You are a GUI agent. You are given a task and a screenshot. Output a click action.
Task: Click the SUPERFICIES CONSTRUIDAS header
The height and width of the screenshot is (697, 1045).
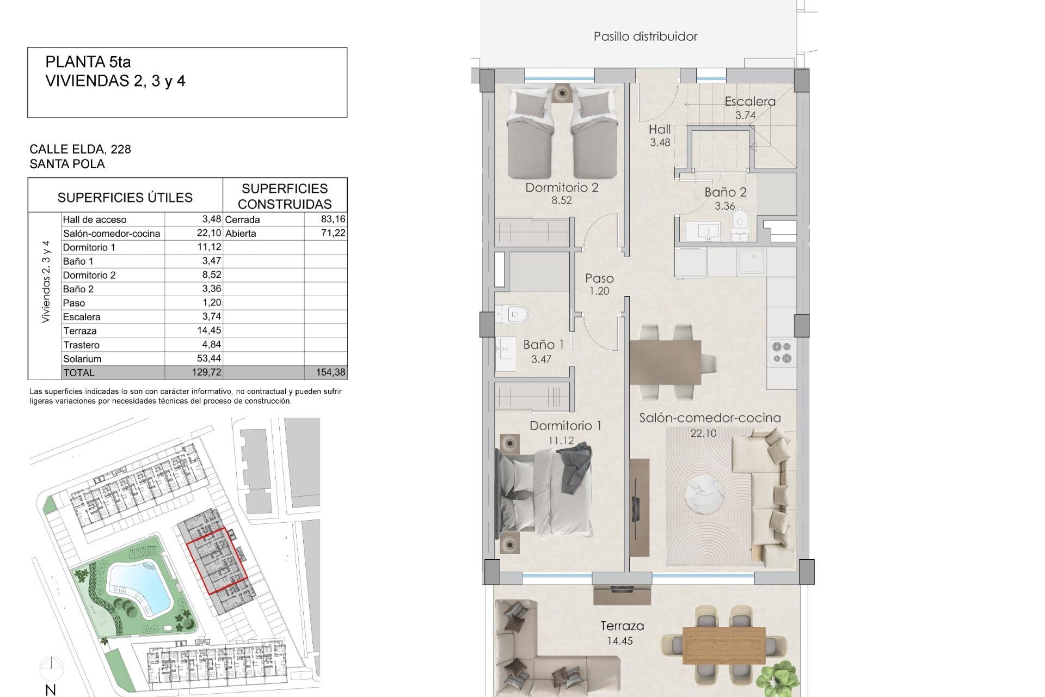(x=285, y=196)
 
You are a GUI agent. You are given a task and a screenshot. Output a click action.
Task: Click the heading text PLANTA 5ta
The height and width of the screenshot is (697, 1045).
(x=88, y=62)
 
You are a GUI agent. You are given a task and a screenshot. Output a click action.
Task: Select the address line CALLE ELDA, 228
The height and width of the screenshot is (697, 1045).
(x=80, y=149)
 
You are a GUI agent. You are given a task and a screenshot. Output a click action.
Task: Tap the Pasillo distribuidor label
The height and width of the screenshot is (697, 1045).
(x=645, y=36)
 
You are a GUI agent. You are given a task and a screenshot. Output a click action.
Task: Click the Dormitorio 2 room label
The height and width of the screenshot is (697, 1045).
(x=562, y=188)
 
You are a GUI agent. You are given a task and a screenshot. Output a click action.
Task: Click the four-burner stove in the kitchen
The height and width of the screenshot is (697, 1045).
(x=782, y=352)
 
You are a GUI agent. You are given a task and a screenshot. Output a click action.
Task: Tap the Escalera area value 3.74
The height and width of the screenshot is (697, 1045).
(x=746, y=115)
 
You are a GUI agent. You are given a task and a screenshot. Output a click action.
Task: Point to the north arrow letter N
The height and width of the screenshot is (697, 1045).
(x=51, y=690)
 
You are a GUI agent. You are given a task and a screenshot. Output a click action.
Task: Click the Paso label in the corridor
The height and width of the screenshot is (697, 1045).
(x=599, y=278)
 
